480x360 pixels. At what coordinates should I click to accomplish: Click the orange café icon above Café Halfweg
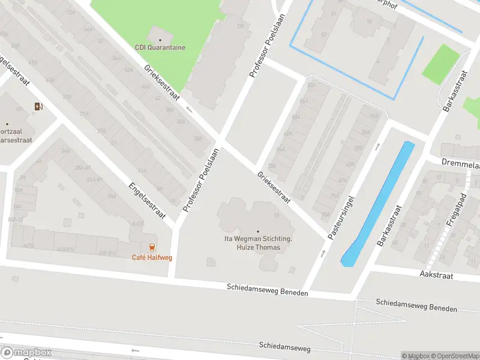(152, 247)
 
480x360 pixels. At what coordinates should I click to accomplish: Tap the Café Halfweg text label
(152, 258)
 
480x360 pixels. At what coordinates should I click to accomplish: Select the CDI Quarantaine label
(160, 47)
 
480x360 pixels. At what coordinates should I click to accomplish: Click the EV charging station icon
(39, 107)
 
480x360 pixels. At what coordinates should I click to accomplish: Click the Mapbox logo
(26, 353)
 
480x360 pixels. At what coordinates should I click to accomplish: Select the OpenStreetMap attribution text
(453, 356)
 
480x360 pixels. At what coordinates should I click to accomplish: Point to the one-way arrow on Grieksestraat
(190, 109)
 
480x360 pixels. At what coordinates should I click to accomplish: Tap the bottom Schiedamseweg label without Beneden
(286, 346)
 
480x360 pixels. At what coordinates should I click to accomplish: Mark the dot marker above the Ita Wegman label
(258, 232)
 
